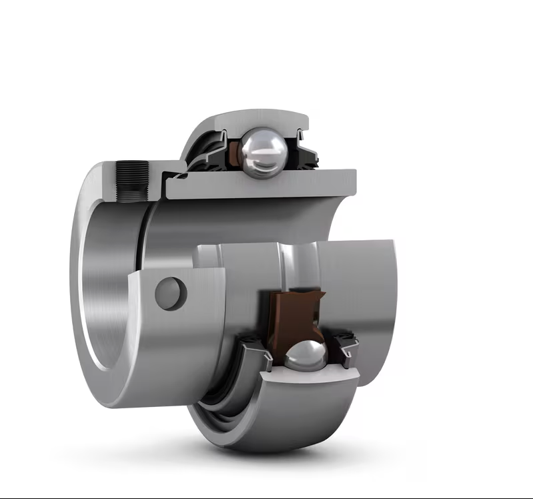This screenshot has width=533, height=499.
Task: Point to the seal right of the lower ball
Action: [x=347, y=347]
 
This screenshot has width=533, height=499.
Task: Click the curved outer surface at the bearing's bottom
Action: [x=267, y=427]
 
